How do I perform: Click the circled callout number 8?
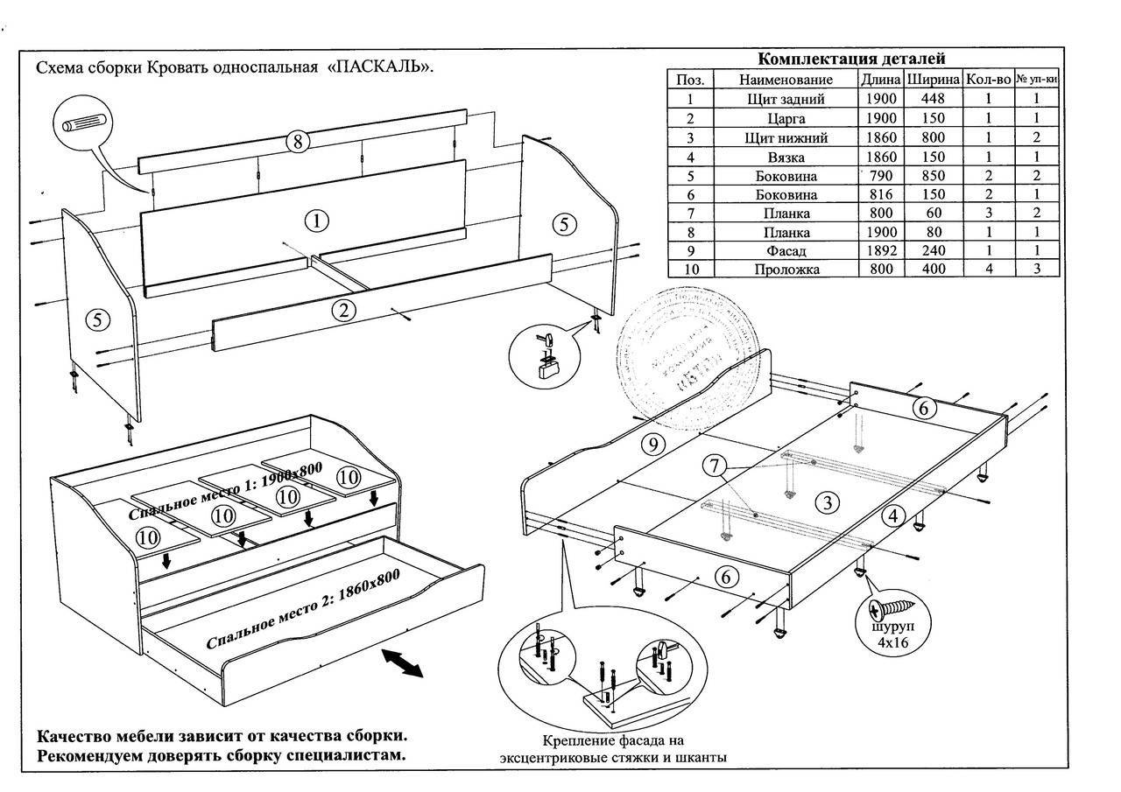[x=298, y=143]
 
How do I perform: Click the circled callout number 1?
[x=318, y=221]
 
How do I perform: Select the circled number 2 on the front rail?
[x=344, y=310]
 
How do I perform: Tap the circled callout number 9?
[x=651, y=445]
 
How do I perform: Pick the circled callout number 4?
[x=892, y=516]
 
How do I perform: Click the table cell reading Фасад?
[x=786, y=250]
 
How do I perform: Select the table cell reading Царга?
[x=786, y=118]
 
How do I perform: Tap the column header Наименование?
[x=786, y=80]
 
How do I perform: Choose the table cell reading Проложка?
[x=786, y=270]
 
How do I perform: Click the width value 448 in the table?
[x=933, y=99]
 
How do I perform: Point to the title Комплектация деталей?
[x=851, y=60]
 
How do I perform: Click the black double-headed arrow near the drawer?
[x=402, y=662]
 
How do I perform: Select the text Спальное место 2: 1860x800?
[x=302, y=609]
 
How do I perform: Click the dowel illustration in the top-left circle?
[x=83, y=122]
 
